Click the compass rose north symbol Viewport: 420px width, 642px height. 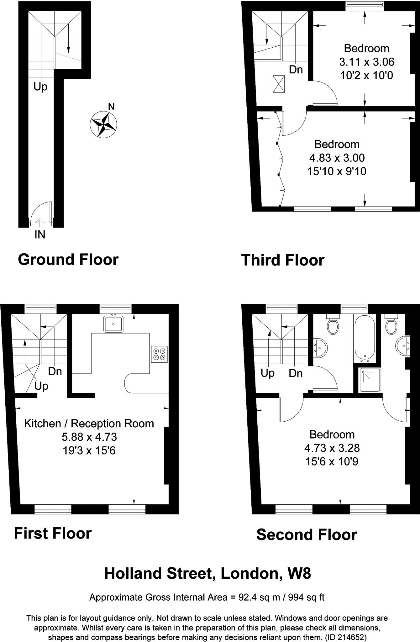point(103,124)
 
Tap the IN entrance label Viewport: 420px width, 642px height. point(40,234)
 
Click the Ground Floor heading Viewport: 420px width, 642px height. point(68,260)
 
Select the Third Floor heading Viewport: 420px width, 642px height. point(282,260)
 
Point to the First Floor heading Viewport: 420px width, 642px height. point(53,533)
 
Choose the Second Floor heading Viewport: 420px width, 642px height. point(307,534)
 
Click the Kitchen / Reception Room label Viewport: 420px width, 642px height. point(89,424)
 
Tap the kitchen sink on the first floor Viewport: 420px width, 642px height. point(113,324)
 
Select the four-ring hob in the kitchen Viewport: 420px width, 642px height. point(159,354)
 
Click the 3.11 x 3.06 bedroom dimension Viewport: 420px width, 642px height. point(366,62)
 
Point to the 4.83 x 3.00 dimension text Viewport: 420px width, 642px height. point(337,158)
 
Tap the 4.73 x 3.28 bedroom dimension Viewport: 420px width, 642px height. point(332,448)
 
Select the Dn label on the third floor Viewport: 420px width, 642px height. point(296,69)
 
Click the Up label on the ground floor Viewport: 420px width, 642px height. point(40,87)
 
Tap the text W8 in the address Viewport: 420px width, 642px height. point(299,573)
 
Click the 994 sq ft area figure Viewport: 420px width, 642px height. point(304,597)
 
